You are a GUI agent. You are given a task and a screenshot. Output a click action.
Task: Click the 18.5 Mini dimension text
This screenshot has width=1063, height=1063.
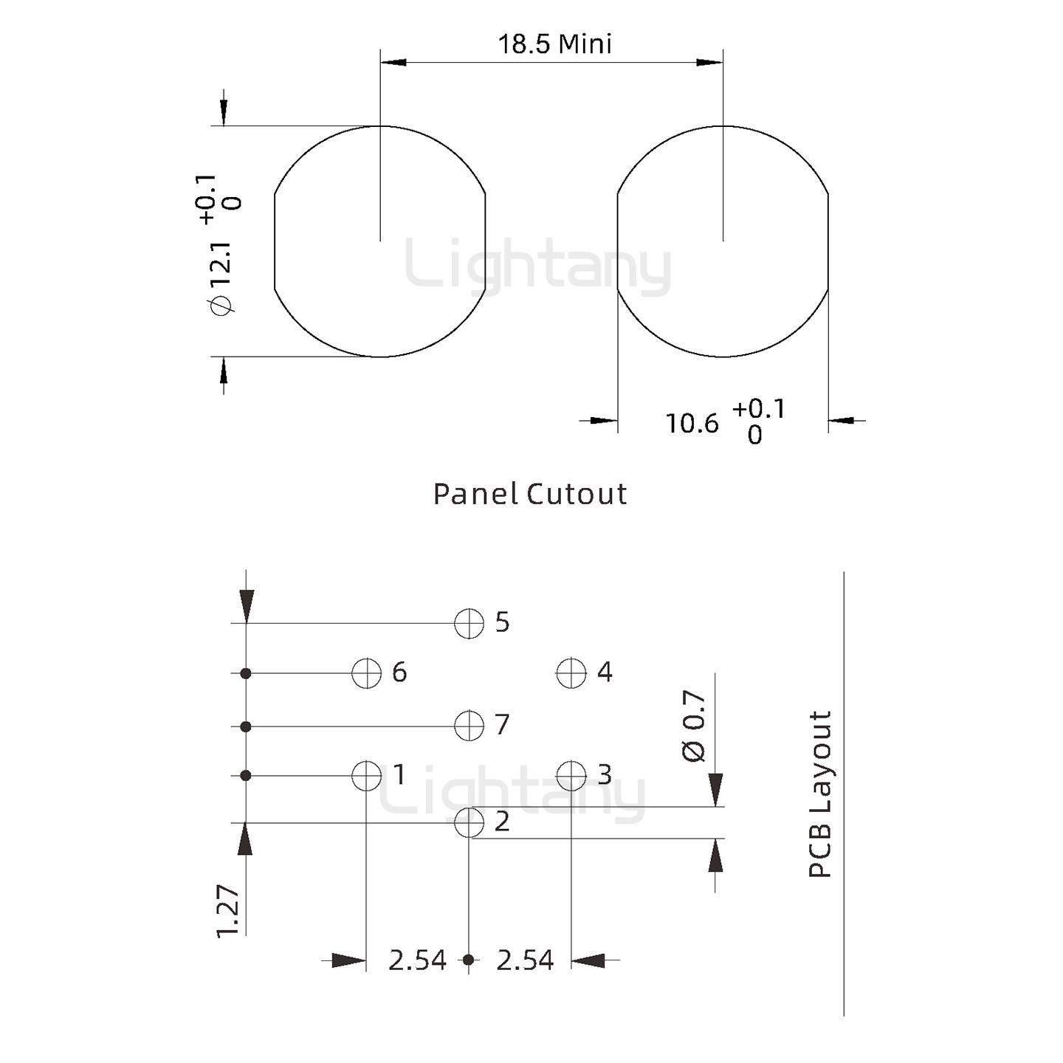pyautogui.click(x=555, y=44)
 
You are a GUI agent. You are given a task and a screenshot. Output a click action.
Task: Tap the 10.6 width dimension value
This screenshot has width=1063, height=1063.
pyautogui.click(x=692, y=424)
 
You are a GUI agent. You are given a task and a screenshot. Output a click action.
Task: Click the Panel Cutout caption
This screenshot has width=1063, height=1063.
pyautogui.click(x=529, y=494)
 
